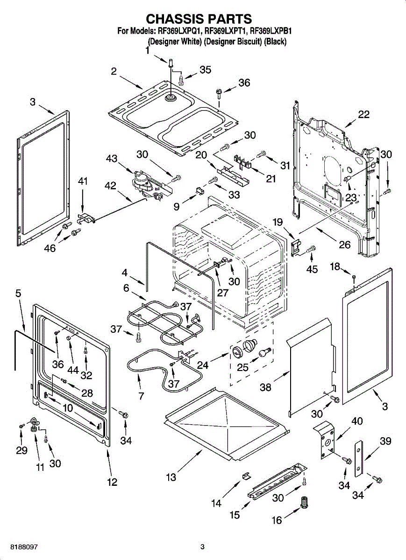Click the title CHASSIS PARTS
click(x=199, y=19)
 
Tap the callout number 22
click(x=363, y=114)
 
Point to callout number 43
click(x=112, y=159)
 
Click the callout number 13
click(x=171, y=477)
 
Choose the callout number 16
click(x=277, y=520)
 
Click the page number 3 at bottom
click(x=202, y=546)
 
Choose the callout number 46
click(x=50, y=248)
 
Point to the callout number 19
click(x=278, y=222)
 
